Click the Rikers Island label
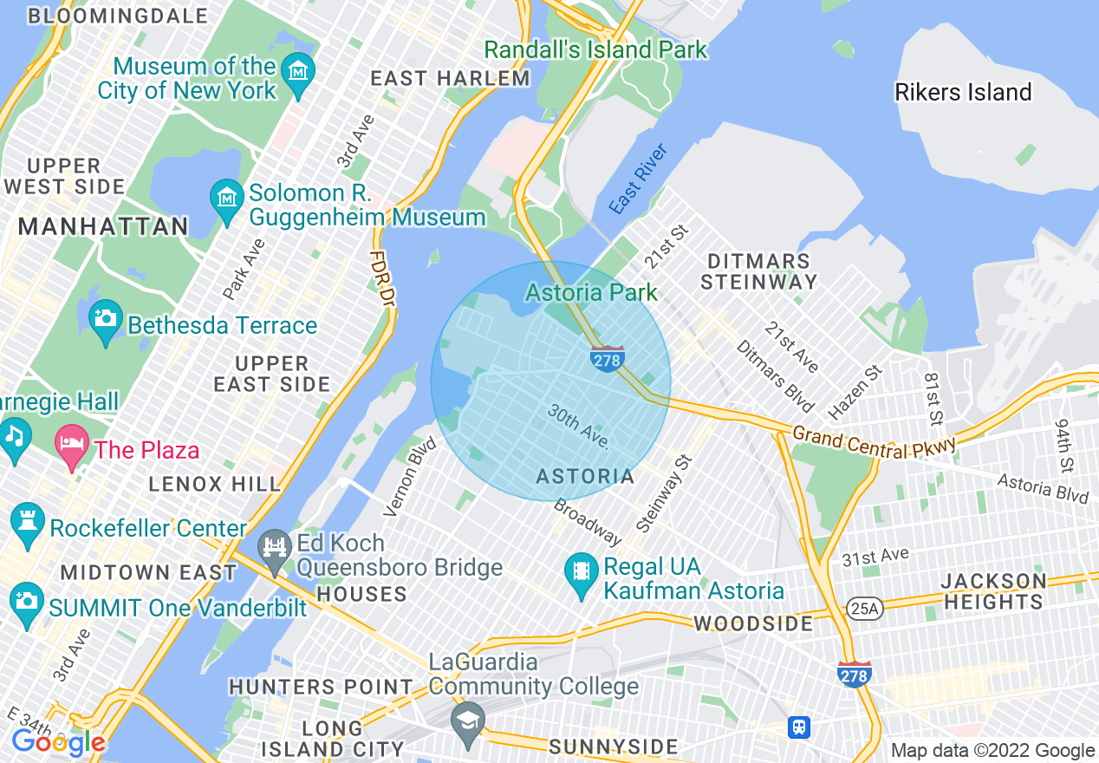click(963, 92)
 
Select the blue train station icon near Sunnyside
click(798, 727)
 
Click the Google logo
click(58, 741)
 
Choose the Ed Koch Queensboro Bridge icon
click(275, 548)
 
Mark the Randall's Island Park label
click(595, 49)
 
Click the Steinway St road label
click(664, 494)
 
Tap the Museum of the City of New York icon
click(299, 69)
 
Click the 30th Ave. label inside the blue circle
click(578, 426)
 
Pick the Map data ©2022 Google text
click(993, 751)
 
